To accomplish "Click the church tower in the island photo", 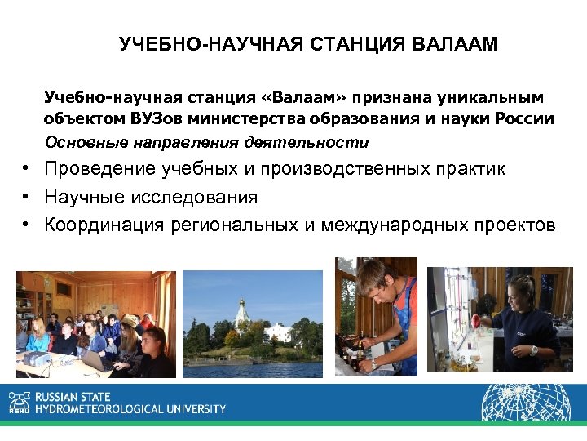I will [x=241, y=311].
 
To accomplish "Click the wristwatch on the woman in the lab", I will [x=534, y=350].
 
